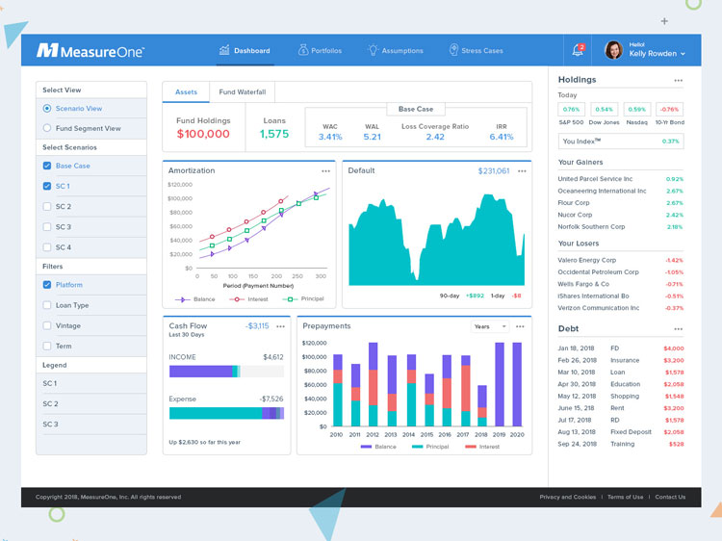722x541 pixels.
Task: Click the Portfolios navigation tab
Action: coord(320,51)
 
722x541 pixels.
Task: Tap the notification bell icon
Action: coord(578,50)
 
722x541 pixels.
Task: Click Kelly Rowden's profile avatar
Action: coord(613,50)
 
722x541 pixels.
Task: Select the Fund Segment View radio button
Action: coord(47,128)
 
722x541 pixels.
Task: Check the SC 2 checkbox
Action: coord(47,207)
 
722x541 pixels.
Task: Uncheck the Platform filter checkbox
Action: coord(47,285)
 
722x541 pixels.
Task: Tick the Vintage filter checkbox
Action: coord(47,326)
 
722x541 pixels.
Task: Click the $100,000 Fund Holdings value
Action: coord(203,135)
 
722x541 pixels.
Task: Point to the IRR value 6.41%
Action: coord(502,137)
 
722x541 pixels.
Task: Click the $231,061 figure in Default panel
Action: coord(493,170)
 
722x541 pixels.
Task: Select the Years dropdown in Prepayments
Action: coord(488,326)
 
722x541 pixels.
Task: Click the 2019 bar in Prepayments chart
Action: coord(500,385)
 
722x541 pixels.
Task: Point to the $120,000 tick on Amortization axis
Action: coord(180,184)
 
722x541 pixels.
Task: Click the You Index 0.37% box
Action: coord(621,142)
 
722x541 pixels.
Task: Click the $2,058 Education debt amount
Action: coord(673,384)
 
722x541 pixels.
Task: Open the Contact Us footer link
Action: coord(670,497)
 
